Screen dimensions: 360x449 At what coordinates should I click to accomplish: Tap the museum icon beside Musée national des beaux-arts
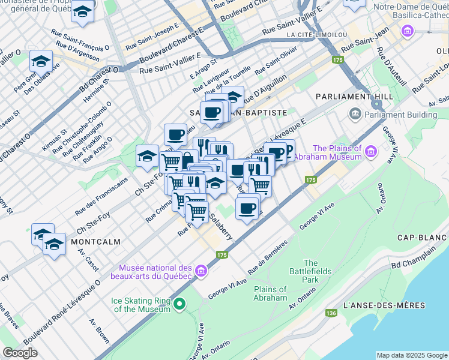201,272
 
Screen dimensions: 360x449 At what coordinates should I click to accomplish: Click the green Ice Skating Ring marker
178,305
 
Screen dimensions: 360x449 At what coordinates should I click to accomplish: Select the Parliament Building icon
355,114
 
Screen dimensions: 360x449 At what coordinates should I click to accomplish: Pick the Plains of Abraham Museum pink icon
371,152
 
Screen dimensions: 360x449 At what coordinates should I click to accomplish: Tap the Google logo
20,353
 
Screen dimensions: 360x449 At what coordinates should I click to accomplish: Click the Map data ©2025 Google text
411,355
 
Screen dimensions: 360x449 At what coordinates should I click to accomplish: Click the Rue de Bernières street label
268,254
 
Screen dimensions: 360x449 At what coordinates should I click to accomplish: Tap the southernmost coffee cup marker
247,208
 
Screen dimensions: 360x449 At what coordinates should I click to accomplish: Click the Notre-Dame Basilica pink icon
408,30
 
